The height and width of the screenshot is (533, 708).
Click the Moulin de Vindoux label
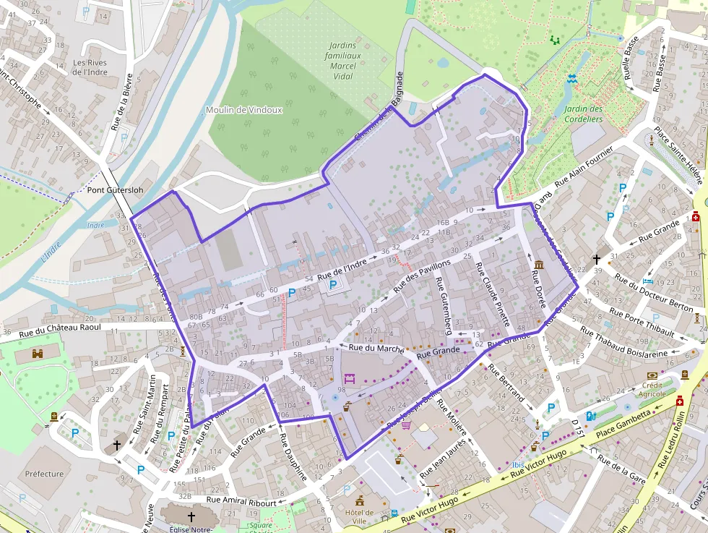[x=243, y=110]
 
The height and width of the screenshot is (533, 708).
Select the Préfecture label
[x=44, y=474]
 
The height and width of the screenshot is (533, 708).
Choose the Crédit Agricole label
[x=652, y=389]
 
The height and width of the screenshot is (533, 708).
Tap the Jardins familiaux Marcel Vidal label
[x=343, y=61]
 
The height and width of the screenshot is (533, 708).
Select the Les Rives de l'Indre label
[x=90, y=67]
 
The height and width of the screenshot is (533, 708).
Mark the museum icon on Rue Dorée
[x=538, y=265]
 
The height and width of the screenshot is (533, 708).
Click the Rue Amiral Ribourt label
[x=241, y=500]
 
